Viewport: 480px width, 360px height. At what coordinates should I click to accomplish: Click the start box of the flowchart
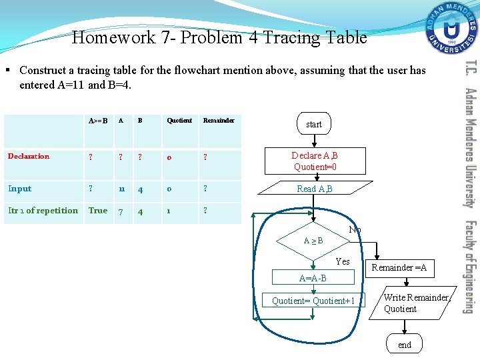313,124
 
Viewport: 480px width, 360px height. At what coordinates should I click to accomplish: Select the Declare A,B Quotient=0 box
315,161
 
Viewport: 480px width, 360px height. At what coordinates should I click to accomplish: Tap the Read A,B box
315,189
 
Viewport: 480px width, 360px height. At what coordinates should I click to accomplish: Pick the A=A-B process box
313,277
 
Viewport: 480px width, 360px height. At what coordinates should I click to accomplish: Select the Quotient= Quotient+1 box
313,301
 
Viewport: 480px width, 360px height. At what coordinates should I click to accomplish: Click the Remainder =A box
399,268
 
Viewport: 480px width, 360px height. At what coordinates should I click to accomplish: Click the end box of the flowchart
405,345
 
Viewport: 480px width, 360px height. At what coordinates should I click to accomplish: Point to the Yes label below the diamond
343,261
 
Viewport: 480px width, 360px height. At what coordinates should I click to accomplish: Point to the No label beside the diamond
355,230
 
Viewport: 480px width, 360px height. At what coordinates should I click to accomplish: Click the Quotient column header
179,121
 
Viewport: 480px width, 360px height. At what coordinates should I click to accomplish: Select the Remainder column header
219,121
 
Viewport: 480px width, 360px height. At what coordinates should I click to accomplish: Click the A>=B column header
98,121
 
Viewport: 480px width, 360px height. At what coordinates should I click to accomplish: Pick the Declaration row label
29,157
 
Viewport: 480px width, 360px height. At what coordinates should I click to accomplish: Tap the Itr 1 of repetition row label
43,211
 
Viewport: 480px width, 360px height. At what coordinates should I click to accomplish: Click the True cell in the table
98,211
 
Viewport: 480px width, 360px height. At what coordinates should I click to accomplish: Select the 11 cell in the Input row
123,189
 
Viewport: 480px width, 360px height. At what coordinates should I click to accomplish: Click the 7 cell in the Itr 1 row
121,211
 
